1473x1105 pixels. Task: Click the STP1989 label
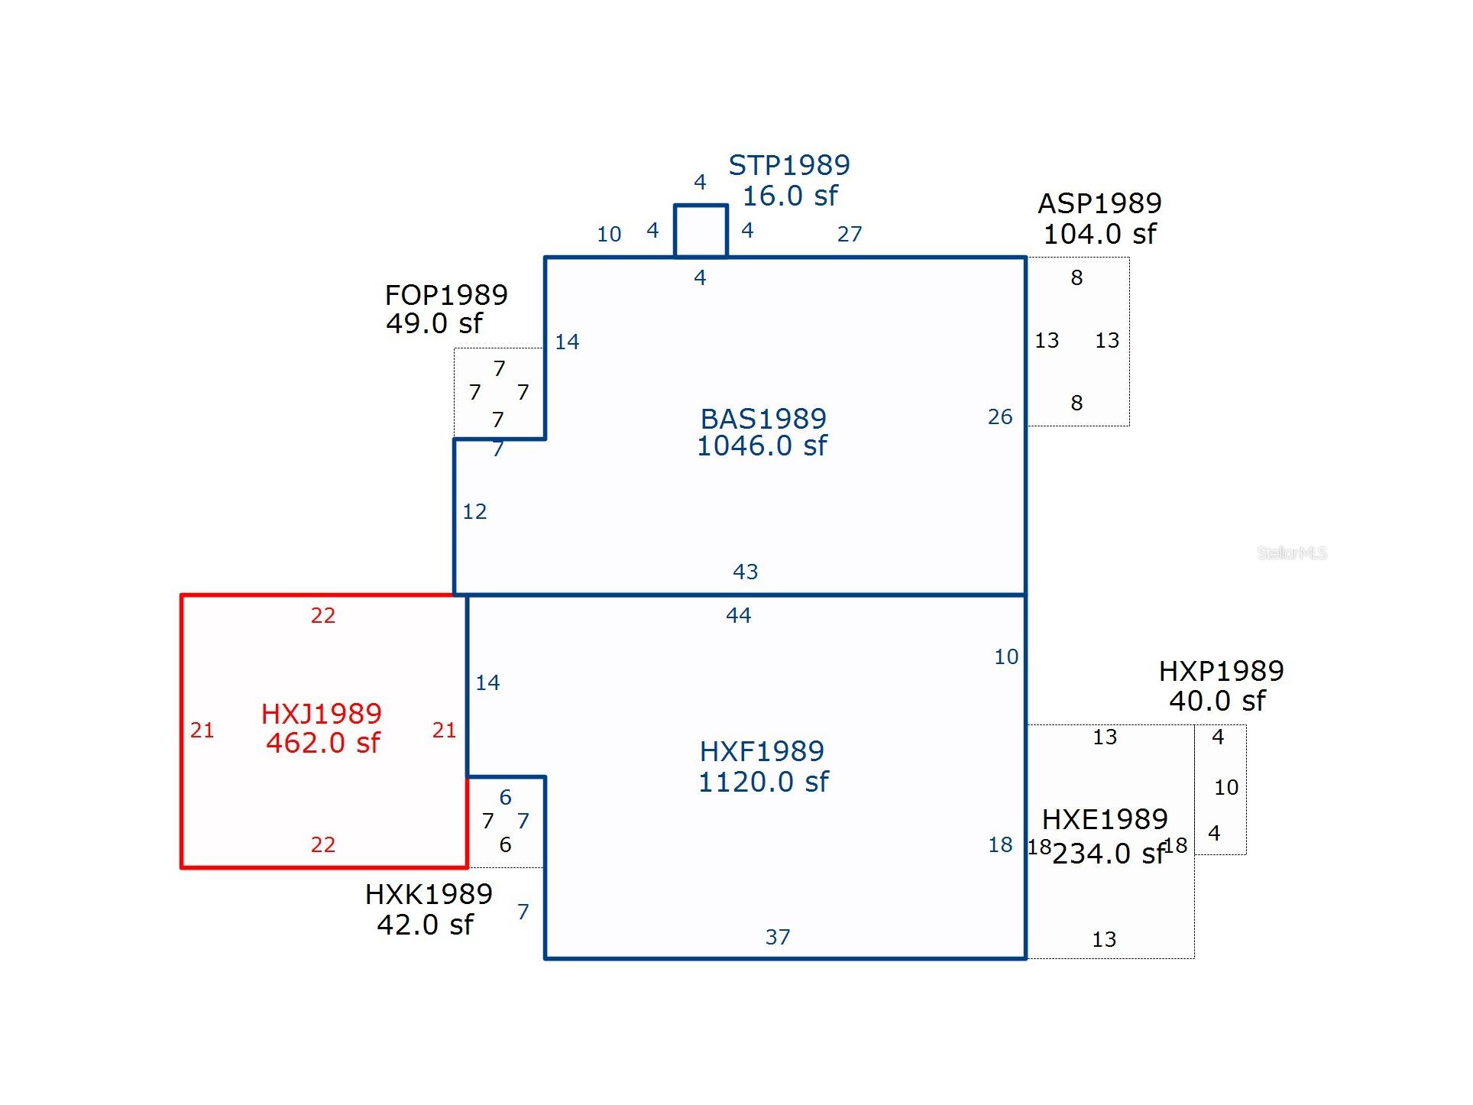click(x=789, y=165)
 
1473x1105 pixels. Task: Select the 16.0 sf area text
click(x=790, y=196)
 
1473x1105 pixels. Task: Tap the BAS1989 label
click(x=763, y=419)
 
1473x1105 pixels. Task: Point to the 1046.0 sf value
click(x=762, y=446)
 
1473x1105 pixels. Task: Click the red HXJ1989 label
click(x=321, y=714)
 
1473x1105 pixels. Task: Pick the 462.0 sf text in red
click(x=322, y=743)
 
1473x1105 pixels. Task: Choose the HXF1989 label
click(x=762, y=751)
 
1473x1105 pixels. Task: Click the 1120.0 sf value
click(x=763, y=782)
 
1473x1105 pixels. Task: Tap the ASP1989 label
click(x=1099, y=203)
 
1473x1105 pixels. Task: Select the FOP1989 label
click(x=446, y=295)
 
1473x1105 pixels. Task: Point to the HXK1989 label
click(x=429, y=894)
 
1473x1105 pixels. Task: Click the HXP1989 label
click(x=1221, y=671)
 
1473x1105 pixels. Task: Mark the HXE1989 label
click(x=1105, y=819)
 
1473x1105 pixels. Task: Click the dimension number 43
click(x=746, y=572)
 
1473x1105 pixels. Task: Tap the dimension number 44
click(x=739, y=615)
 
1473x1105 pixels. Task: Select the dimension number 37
click(x=778, y=937)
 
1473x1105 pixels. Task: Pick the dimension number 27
click(x=850, y=234)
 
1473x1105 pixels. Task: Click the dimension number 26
click(x=1000, y=416)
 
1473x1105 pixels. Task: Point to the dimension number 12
click(x=474, y=511)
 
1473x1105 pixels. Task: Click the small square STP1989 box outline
click(x=701, y=205)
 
